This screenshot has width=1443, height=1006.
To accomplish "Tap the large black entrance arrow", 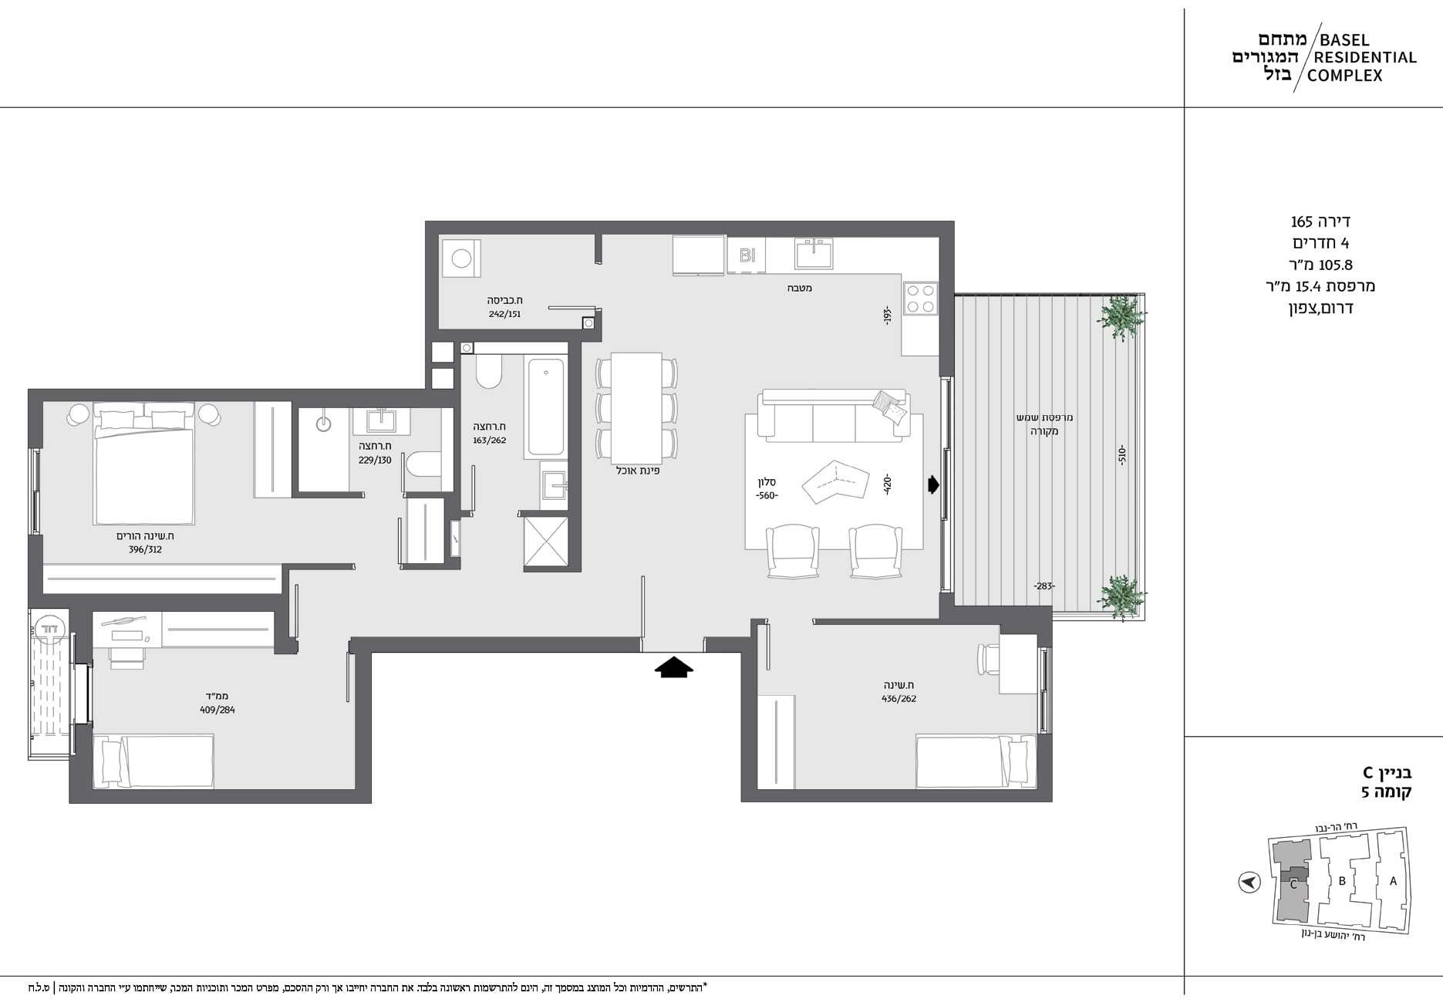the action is (674, 667).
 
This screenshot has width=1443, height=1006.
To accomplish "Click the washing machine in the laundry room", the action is (460, 257).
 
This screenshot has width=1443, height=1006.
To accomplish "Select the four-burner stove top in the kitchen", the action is (920, 299).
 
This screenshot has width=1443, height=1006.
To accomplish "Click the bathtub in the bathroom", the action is (546, 407).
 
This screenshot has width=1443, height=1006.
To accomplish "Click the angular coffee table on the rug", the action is (834, 483).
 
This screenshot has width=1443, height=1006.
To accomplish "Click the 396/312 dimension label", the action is (145, 550).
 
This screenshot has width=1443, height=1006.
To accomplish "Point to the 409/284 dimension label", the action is (217, 710).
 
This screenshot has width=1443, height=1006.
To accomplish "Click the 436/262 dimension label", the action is (899, 699).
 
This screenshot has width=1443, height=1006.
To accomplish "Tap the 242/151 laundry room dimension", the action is (504, 314).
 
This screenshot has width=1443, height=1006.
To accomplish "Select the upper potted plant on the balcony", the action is (1121, 316).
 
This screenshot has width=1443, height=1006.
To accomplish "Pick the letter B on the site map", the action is (1342, 881).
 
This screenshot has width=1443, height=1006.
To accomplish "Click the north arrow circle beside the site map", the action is (1249, 882).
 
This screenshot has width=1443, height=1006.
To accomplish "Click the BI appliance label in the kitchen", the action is (747, 255).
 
